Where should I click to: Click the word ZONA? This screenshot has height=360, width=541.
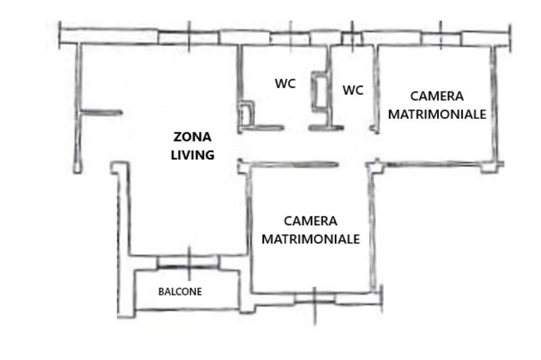(192, 137)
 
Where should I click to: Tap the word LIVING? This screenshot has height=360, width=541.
(192, 155)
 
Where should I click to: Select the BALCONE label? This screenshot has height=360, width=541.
(180, 292)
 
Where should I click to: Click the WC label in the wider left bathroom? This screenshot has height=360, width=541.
(285, 84)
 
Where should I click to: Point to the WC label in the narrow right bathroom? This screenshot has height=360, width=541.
(353, 90)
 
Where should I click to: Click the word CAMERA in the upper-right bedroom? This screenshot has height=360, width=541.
(437, 96)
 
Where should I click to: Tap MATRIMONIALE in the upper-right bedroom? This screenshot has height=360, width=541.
(437, 114)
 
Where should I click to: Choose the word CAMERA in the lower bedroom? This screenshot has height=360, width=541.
(311, 221)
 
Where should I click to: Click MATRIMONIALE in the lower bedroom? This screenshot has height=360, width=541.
(311, 239)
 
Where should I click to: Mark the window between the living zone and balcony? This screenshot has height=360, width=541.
(189, 262)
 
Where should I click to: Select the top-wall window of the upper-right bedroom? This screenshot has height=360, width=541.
(441, 39)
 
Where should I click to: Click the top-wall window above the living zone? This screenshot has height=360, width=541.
(189, 38)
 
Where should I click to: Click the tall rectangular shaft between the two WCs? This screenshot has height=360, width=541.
(320, 91)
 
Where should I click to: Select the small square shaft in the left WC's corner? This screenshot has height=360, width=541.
(247, 113)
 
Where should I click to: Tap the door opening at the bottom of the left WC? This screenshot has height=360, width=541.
(296, 128)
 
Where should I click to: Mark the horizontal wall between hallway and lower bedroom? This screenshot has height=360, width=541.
(293, 164)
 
